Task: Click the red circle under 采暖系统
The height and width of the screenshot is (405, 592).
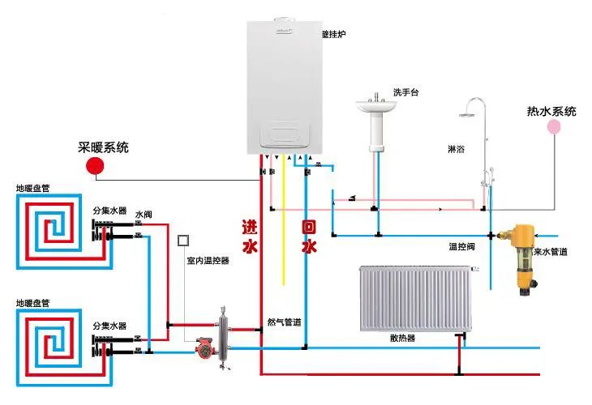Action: click(96, 165)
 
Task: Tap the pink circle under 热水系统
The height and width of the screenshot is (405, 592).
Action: click(553, 126)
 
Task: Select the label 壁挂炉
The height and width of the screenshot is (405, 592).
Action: click(333, 35)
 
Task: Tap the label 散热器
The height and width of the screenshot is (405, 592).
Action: click(402, 338)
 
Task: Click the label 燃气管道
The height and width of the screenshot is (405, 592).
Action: click(285, 322)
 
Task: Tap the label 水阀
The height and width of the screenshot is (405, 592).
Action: click(144, 215)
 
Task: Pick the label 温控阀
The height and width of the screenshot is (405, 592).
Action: click(461, 245)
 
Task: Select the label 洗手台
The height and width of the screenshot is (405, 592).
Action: click(405, 92)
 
